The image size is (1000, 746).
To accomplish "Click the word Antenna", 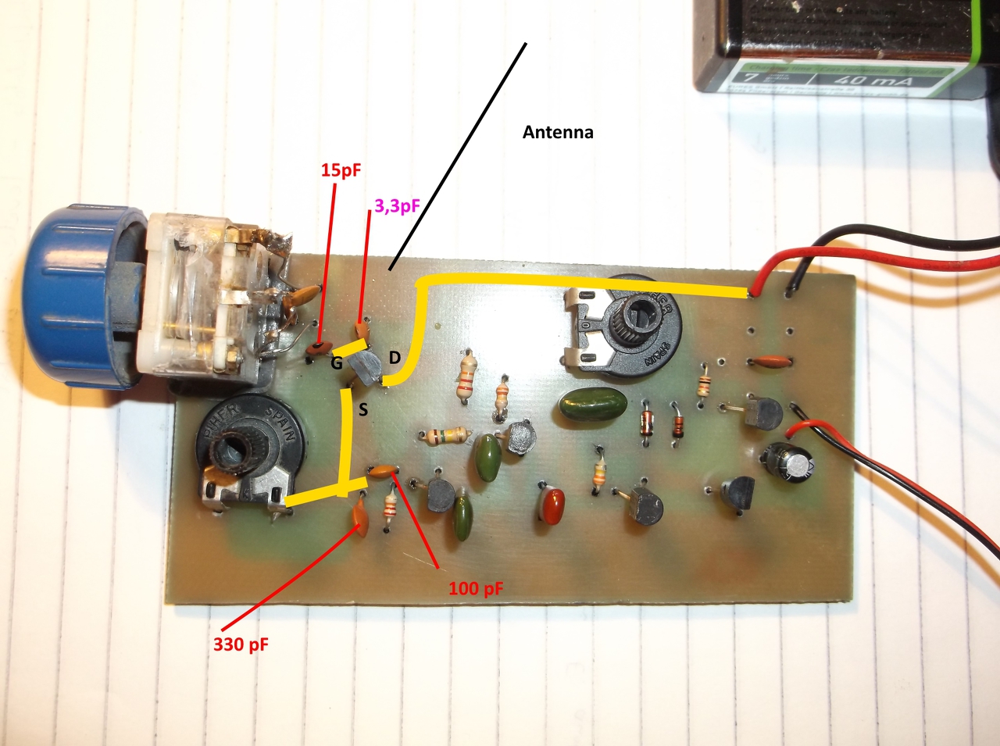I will [x=558, y=133].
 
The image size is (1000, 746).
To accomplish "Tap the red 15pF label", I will [x=341, y=170].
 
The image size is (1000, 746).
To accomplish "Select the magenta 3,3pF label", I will [x=397, y=206].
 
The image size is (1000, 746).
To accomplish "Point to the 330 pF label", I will [x=241, y=645].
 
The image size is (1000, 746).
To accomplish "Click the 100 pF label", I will [x=475, y=588].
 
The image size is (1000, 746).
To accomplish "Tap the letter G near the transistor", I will [x=337, y=363].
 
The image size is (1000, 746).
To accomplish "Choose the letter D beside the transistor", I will [x=395, y=358].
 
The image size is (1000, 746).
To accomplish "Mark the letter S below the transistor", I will [x=362, y=409].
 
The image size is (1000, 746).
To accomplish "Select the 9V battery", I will [x=844, y=47].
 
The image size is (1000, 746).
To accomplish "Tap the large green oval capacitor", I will [x=593, y=405].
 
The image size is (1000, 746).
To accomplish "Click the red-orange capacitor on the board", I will [x=552, y=505].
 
